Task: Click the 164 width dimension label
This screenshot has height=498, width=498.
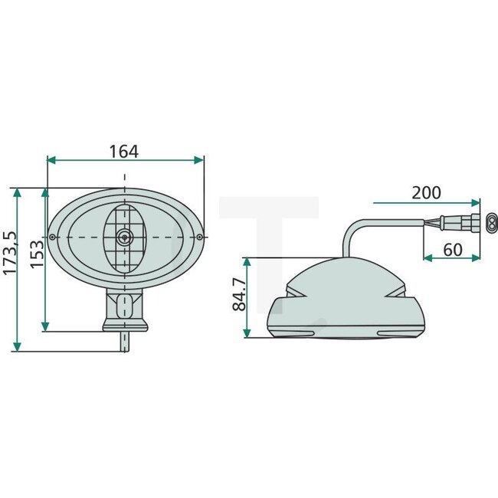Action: click(x=123, y=151)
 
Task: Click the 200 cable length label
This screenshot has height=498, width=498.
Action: click(x=427, y=192)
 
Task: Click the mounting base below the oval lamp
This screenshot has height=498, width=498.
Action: click(x=123, y=310)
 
